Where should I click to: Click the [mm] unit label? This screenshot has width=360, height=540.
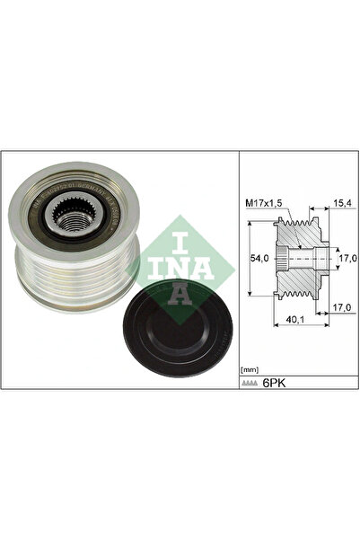coord(250,369)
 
